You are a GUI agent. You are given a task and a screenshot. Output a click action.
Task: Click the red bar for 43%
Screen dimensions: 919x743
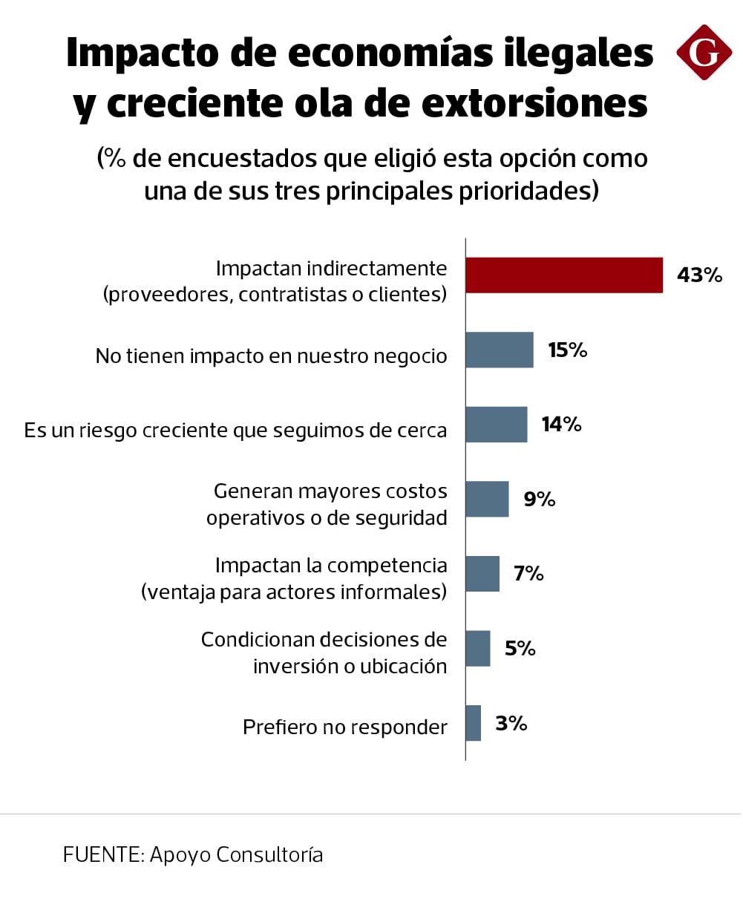tap(564, 275)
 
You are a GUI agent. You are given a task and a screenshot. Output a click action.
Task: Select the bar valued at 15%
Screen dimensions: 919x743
tap(500, 350)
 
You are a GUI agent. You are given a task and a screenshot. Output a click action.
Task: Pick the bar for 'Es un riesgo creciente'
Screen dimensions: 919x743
tap(497, 425)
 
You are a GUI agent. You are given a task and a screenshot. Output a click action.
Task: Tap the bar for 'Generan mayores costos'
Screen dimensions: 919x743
tap(487, 499)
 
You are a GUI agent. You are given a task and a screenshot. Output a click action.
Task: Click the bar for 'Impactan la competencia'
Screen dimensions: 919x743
tap(482, 574)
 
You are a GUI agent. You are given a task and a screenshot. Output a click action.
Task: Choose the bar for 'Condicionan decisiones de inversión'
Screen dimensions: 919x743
tap(478, 648)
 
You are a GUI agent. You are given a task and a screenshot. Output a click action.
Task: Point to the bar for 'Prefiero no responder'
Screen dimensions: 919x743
tap(474, 723)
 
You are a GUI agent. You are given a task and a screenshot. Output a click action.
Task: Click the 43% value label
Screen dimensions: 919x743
tap(699, 275)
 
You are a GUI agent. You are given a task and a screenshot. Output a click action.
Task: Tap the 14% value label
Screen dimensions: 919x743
tap(561, 425)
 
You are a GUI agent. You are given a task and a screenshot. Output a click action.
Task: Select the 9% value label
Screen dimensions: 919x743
tap(540, 499)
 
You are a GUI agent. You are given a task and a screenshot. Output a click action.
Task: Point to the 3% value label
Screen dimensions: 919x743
tap(511, 723)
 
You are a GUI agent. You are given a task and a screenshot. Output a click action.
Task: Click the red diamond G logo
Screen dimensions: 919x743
tap(704, 52)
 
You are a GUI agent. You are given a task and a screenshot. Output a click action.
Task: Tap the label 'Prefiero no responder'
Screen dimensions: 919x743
tap(345, 727)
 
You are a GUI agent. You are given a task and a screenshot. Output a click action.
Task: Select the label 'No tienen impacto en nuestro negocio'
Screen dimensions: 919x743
tap(272, 356)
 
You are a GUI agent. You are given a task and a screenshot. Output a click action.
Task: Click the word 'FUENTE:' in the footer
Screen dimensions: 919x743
tap(103, 855)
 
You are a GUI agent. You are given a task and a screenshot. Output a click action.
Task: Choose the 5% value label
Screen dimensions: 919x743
tap(520, 649)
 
